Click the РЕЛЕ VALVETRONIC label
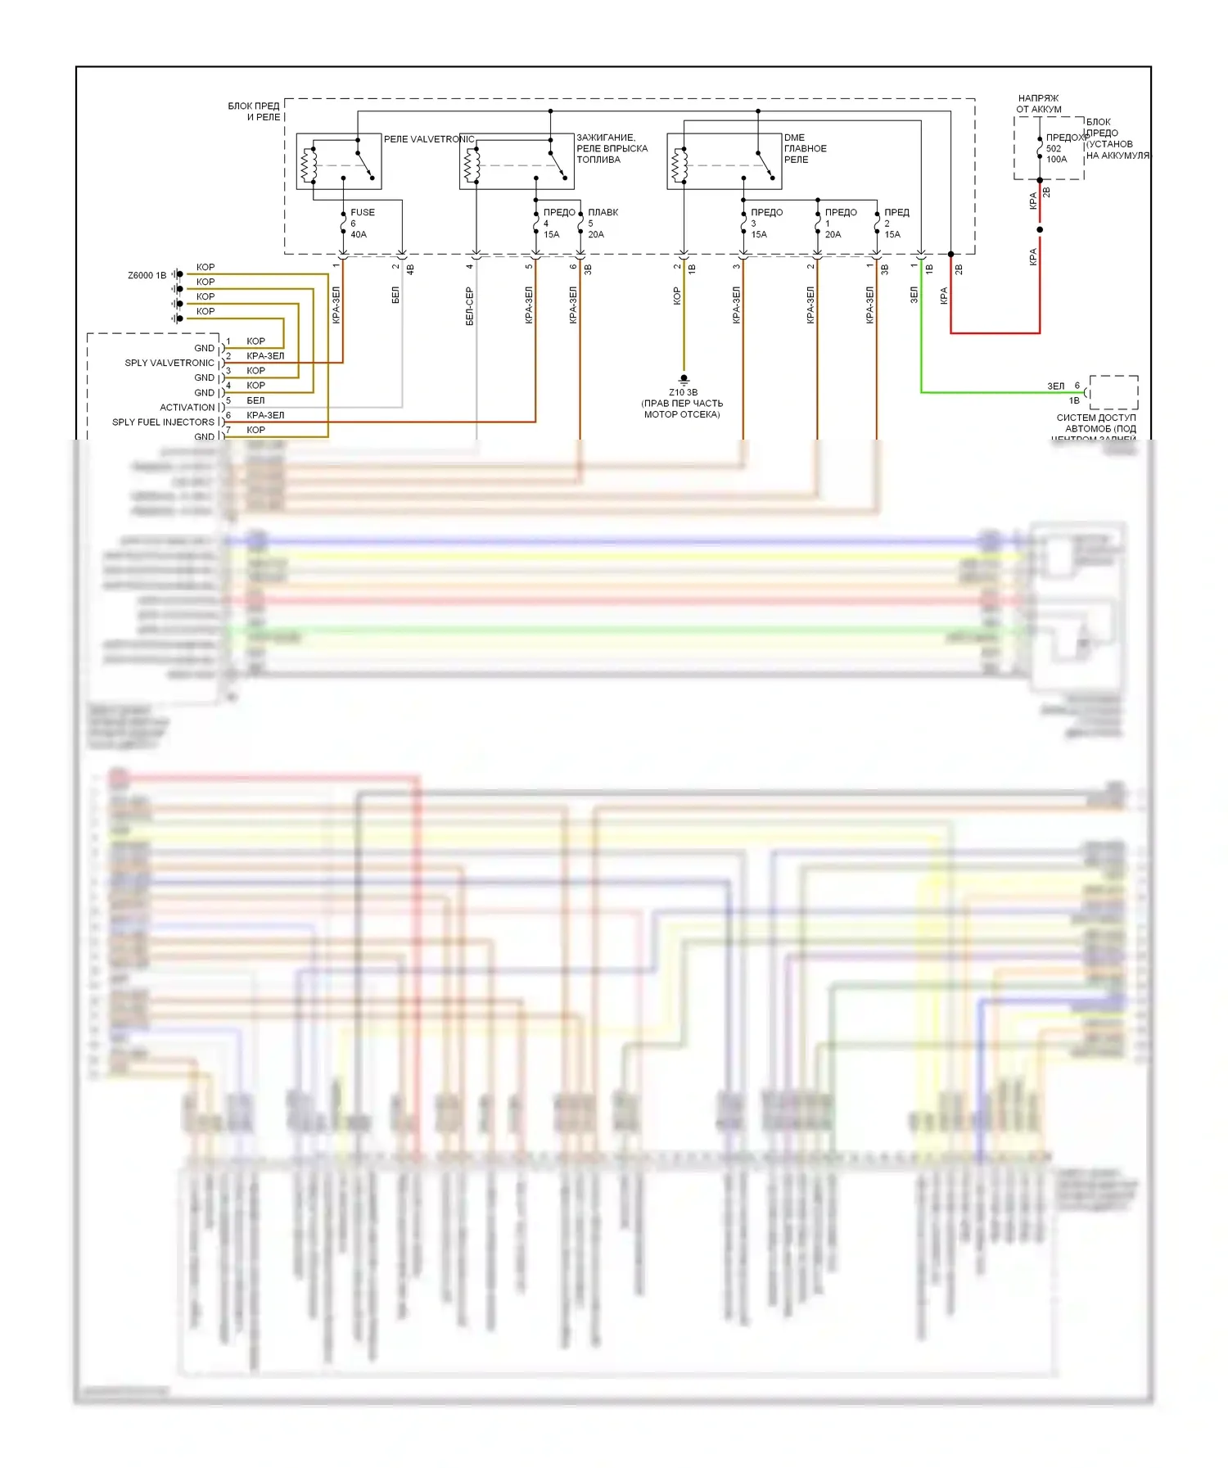(429, 139)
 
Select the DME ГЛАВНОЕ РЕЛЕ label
(805, 148)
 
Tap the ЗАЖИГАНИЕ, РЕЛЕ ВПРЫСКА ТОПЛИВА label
(612, 148)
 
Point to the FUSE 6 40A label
(362, 223)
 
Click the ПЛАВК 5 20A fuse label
(602, 223)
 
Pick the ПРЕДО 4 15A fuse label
(558, 223)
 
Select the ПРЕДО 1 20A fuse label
(840, 223)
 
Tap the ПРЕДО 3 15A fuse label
(766, 223)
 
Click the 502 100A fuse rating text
(1056, 154)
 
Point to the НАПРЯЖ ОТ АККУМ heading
(1038, 103)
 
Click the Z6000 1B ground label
(147, 275)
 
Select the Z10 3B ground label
(683, 392)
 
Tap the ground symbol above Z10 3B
(684, 378)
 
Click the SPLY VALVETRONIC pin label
(169, 363)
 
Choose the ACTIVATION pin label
(187, 407)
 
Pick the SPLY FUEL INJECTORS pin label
(163, 422)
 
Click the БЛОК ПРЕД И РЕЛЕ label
(254, 111)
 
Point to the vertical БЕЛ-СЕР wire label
(469, 305)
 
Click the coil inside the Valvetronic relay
(309, 165)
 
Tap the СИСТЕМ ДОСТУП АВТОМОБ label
(1095, 422)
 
